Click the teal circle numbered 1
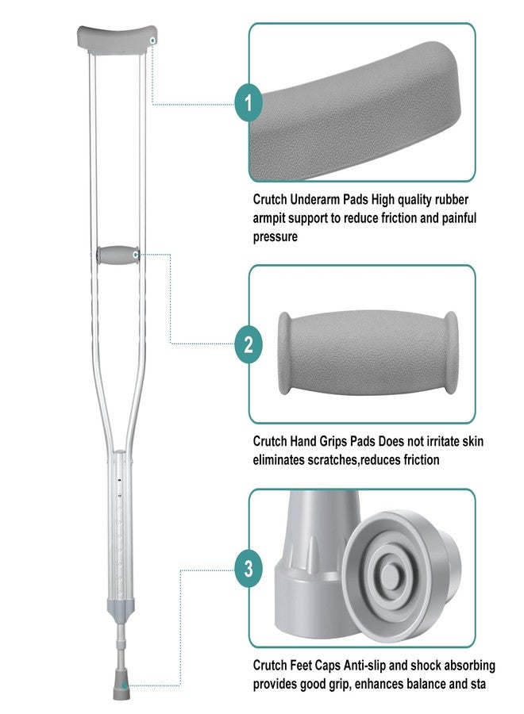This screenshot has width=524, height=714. pos(249,103)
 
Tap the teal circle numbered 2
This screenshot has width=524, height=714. pos(249,344)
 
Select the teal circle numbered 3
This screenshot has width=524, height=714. pos(249,568)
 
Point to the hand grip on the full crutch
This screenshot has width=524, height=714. pos(118,255)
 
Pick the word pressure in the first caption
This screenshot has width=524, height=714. pos(275,236)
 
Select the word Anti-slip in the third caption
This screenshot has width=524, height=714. pos(364,666)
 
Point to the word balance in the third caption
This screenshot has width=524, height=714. pos(430,684)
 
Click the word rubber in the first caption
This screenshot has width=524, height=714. pos(451,199)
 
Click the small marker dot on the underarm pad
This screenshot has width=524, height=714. pos(152,41)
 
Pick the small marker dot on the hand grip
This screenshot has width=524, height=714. pos(135,255)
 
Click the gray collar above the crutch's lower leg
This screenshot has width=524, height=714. pos(121,607)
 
